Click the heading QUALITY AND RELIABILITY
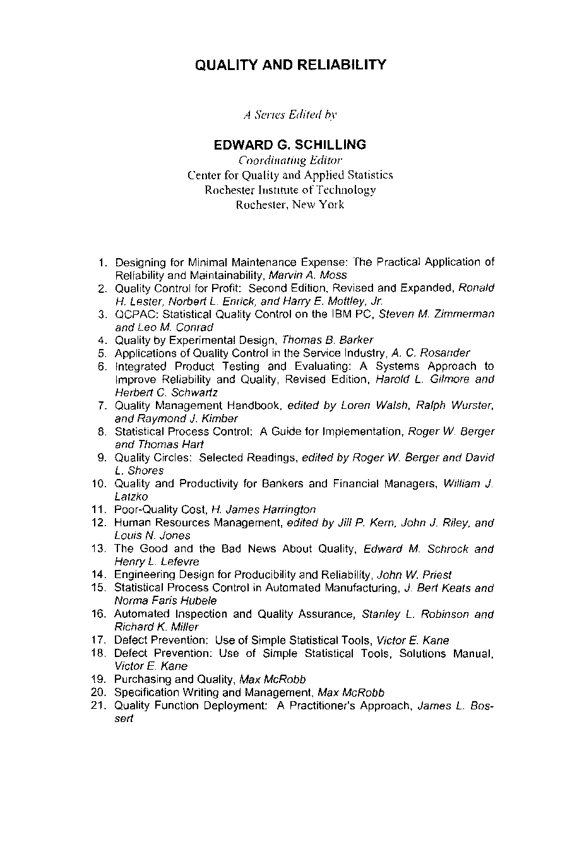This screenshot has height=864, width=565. point(290,65)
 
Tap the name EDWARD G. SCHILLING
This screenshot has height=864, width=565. point(290,145)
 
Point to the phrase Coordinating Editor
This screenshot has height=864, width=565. point(290,160)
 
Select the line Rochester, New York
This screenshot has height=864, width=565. point(290,204)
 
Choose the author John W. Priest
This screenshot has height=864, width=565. point(414,574)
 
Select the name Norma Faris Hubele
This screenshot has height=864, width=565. point(165,601)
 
